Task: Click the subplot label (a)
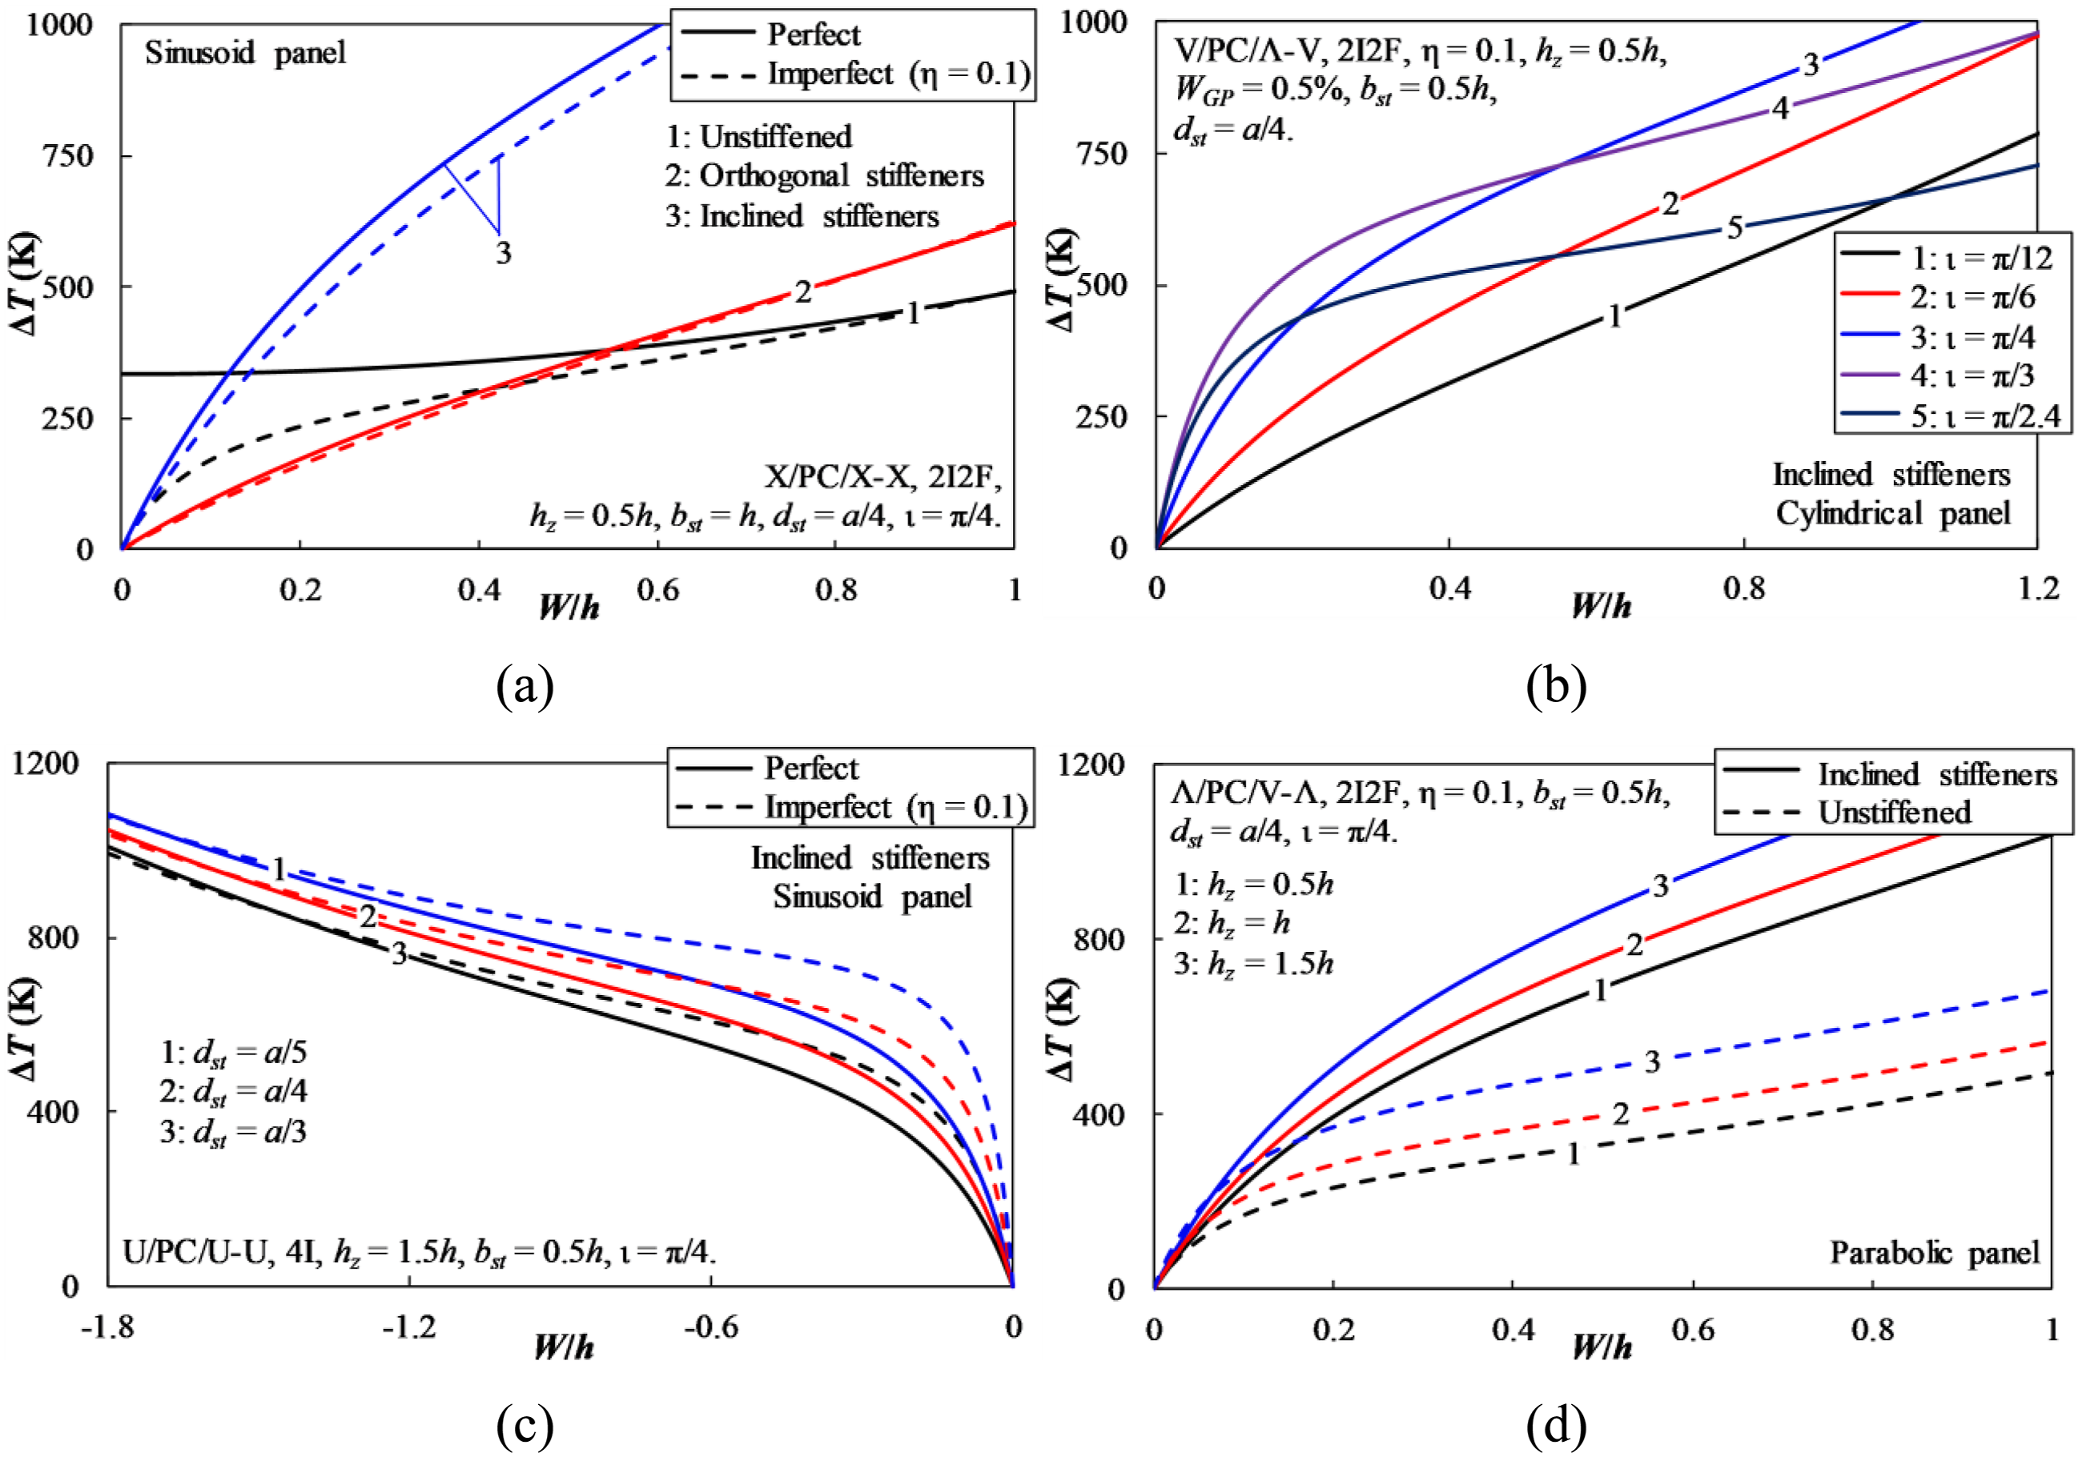click(525, 686)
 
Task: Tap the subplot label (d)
click(1556, 1425)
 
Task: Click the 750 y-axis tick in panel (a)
click(67, 155)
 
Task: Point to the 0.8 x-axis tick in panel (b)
click(1744, 588)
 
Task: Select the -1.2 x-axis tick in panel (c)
click(409, 1327)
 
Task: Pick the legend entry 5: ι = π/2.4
click(1950, 416)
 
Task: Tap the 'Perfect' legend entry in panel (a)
click(771, 34)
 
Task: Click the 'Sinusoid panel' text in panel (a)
click(245, 53)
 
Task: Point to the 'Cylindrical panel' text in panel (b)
click(1892, 513)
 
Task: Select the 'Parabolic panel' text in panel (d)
click(1934, 1252)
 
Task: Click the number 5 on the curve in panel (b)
click(1734, 227)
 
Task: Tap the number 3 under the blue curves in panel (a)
click(503, 252)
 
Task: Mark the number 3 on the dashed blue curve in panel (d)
click(1652, 1062)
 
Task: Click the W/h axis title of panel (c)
click(564, 1347)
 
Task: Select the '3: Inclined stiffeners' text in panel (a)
click(802, 216)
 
